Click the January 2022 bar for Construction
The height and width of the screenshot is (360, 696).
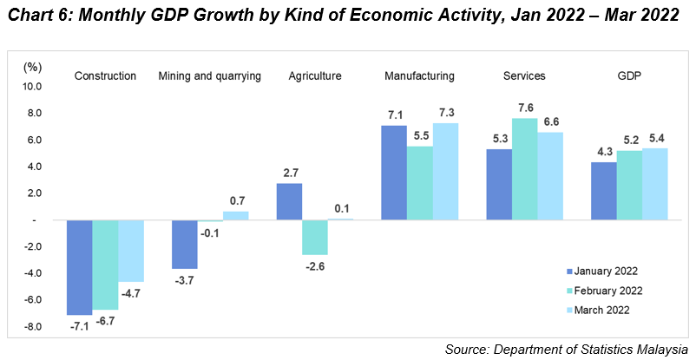80,267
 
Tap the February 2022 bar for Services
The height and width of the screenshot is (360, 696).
524,169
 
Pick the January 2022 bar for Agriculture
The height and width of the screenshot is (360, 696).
289,201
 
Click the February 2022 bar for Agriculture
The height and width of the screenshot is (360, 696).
315,237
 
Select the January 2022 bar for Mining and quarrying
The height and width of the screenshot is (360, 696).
184,244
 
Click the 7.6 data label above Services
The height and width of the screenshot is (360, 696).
524,108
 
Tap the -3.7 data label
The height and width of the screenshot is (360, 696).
184,279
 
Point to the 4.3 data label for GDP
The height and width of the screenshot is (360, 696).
602,153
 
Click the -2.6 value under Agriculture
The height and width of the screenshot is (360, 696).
315,265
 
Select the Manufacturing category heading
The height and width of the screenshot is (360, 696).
420,76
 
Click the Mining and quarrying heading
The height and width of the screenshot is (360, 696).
210,76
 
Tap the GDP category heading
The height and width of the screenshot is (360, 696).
628,76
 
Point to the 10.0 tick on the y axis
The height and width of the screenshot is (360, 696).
32,87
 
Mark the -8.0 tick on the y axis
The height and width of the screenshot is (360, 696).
32,327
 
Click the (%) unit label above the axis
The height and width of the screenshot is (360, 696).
32,67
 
